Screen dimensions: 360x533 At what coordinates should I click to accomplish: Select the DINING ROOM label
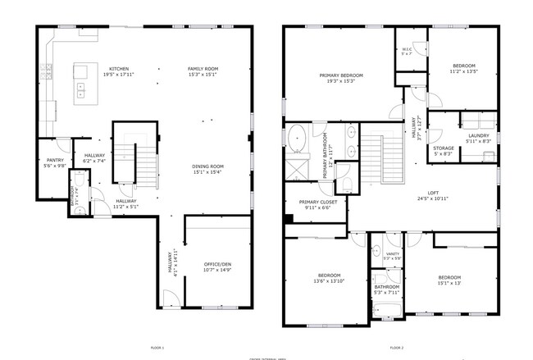(x=208, y=166)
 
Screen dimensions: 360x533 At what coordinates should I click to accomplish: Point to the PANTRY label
(x=55, y=160)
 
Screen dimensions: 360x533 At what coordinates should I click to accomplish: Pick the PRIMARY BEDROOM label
(x=341, y=75)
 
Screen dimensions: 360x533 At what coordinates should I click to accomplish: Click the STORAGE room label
(x=444, y=148)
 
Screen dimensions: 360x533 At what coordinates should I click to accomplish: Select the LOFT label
(x=421, y=194)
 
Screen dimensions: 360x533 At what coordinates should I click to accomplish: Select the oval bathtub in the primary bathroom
(x=296, y=137)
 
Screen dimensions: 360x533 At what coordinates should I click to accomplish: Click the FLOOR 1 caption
(x=157, y=349)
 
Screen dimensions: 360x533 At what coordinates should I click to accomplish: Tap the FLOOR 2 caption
(x=396, y=349)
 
